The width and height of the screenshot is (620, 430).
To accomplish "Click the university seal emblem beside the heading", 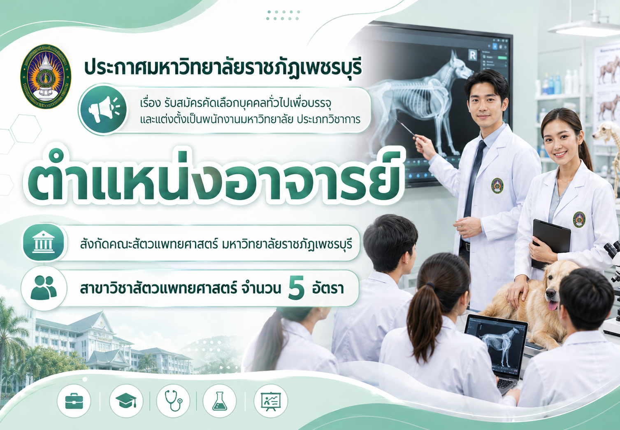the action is pyautogui.click(x=46, y=77).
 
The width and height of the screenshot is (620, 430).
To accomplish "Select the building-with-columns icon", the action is pyautogui.click(x=44, y=243).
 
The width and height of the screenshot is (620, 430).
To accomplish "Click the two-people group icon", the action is pyautogui.click(x=44, y=287).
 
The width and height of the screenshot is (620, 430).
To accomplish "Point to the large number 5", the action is pyautogui.click(x=296, y=288).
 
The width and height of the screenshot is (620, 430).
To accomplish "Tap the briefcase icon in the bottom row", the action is pyautogui.click(x=74, y=401).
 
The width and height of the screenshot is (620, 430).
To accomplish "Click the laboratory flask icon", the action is pyautogui.click(x=220, y=401).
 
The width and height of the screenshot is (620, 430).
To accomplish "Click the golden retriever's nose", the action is pyautogui.click(x=551, y=293).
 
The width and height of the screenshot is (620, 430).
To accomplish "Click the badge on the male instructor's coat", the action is pyautogui.click(x=497, y=185).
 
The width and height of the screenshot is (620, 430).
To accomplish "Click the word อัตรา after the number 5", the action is pyautogui.click(x=328, y=288).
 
